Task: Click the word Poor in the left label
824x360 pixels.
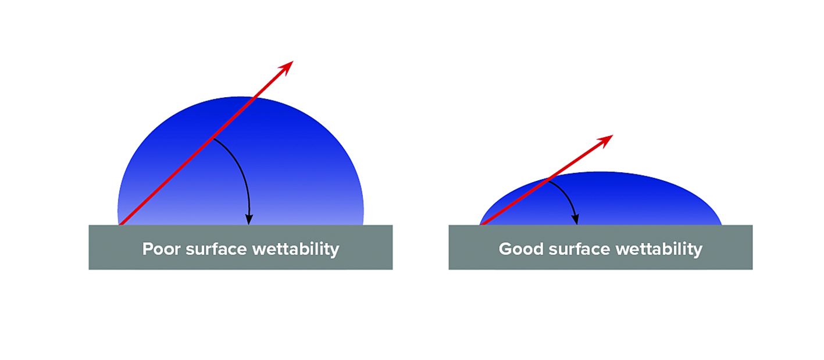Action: click(x=161, y=249)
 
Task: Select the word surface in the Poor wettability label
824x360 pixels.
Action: click(x=216, y=249)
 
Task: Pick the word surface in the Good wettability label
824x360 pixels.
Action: click(x=579, y=249)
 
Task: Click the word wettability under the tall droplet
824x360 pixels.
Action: click(x=296, y=249)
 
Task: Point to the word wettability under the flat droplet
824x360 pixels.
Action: click(x=659, y=249)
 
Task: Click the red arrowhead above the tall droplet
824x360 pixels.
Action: click(x=286, y=68)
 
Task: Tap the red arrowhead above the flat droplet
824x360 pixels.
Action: click(x=605, y=141)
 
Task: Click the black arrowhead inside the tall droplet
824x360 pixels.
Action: click(x=249, y=219)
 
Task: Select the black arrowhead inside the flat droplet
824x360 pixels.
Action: click(x=575, y=219)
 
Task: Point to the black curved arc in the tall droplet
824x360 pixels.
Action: click(x=241, y=172)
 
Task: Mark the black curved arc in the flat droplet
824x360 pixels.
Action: click(x=568, y=197)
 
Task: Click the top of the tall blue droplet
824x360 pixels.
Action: click(x=240, y=97)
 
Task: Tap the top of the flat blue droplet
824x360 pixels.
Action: click(x=601, y=172)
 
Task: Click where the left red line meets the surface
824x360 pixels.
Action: click(x=120, y=224)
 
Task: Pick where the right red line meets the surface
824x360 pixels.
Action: click(x=481, y=224)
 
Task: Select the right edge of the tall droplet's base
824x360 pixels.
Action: click(x=363, y=224)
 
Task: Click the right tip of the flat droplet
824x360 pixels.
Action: click(x=722, y=224)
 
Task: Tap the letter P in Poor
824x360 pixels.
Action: click(x=148, y=249)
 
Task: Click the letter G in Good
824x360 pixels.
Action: click(x=505, y=249)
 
